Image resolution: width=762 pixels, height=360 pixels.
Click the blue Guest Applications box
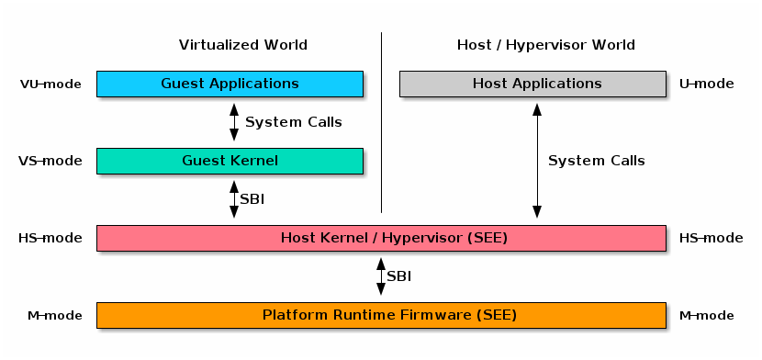230,84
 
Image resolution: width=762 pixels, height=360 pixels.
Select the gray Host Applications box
532,84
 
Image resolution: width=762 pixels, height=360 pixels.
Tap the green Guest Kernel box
230,161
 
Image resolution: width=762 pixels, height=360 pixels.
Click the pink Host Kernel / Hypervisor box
381,238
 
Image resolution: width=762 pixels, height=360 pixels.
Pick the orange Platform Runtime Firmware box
381,315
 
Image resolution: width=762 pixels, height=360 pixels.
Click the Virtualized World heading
242,45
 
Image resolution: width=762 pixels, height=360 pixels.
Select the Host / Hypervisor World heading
545,45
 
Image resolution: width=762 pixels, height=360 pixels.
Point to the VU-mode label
50,84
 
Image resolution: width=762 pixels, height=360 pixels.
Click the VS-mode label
50,162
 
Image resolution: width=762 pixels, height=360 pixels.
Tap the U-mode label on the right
706,84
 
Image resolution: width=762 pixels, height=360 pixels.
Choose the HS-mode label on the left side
50,239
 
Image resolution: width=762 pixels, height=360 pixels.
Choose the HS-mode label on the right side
711,239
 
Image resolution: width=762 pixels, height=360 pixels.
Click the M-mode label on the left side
53,316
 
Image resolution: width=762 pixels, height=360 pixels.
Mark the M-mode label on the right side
706,316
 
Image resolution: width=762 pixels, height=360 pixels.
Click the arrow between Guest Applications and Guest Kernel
234,122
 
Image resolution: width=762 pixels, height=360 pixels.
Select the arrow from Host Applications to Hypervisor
537,161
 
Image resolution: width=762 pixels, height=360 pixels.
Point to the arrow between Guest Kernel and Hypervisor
234,199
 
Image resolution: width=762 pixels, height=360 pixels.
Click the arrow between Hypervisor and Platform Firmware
381,276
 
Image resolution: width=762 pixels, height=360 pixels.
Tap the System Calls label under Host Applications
596,161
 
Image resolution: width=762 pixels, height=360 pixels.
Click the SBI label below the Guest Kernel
252,199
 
